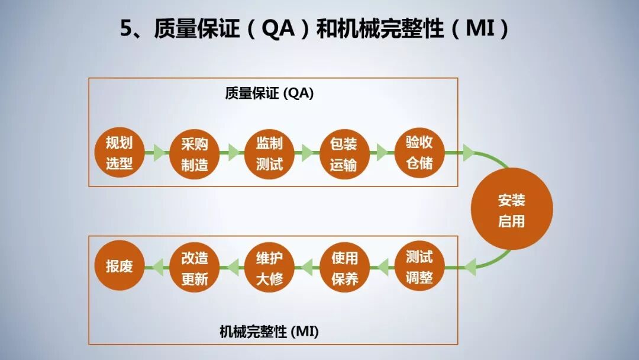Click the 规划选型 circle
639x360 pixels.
coord(119,153)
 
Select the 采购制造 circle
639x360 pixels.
coord(194,153)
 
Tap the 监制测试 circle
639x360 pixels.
coord(269,153)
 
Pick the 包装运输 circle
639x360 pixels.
coord(344,153)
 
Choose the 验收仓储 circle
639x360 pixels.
coord(419,153)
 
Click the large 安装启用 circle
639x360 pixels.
coord(512,209)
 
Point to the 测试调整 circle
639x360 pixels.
coord(419,267)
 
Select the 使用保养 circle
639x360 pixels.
coord(344,267)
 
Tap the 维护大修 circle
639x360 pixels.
coord(269,267)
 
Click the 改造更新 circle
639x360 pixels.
coord(194,267)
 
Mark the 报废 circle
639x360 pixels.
coord(119,267)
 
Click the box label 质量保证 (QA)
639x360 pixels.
coord(269,94)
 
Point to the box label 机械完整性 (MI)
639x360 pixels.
coord(269,332)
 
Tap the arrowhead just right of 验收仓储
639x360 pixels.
coord(468,153)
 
